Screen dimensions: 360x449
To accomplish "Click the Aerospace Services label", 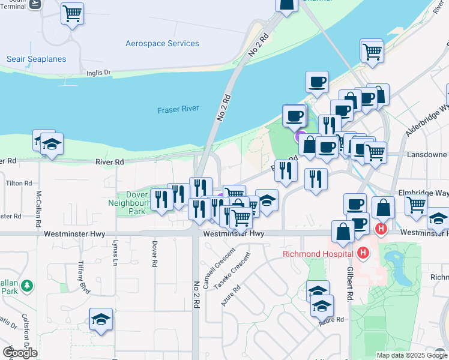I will coord(162,44).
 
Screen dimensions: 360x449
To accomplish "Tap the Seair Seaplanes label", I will coord(36,59).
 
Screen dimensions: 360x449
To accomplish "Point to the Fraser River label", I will coord(178,110).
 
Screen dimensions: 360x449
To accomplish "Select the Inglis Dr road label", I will coord(98,73).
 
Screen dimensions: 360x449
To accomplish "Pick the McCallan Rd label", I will coord(39,204).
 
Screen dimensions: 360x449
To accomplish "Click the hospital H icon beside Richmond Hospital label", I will coord(362,254).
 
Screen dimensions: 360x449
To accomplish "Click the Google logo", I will coord(20,352).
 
